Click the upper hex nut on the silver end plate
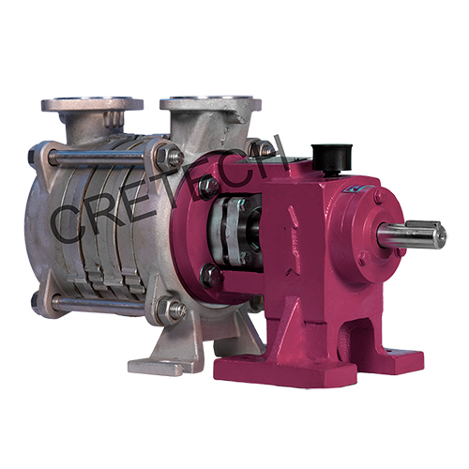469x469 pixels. click(x=170, y=157)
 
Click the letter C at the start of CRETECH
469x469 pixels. click(x=71, y=219)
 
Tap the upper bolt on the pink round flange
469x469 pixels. click(x=209, y=187)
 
